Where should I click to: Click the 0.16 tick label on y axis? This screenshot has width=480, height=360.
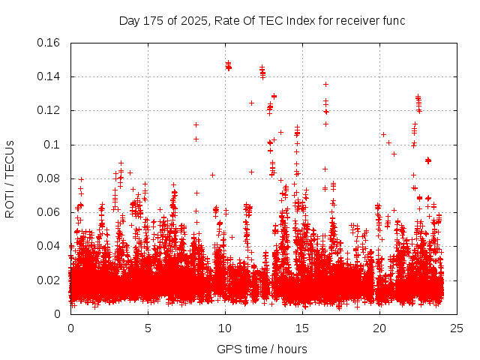click(49, 43)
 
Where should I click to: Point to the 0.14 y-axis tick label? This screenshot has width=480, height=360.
click(49, 76)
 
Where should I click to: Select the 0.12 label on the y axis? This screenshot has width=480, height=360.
click(49, 110)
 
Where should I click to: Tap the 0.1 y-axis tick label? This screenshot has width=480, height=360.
click(52, 144)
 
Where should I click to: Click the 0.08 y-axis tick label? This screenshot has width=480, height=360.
click(49, 178)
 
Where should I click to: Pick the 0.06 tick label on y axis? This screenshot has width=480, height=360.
click(49, 212)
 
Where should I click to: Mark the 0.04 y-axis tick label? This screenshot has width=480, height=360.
click(49, 246)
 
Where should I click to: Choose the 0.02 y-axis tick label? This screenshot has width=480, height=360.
click(49, 280)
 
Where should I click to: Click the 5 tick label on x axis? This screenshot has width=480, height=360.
click(148, 328)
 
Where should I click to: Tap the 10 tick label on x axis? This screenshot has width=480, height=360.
click(225, 328)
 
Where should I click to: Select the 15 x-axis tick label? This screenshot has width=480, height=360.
click(302, 328)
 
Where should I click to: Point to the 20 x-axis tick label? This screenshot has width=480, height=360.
click(379, 328)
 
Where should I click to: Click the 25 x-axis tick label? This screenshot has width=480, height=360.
click(457, 328)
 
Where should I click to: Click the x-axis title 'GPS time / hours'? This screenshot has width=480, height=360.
click(262, 349)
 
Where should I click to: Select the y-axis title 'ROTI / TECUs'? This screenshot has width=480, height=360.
click(10, 178)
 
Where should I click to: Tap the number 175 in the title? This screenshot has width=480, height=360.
click(154, 20)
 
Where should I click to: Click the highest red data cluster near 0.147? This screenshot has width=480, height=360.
click(228, 66)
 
